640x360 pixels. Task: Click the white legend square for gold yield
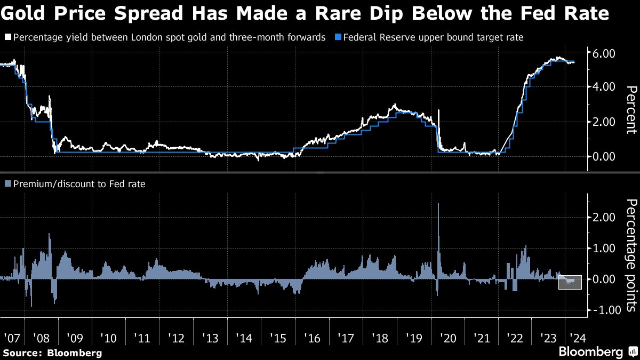tap(7, 37)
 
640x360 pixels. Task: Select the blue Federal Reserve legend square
tap(338, 37)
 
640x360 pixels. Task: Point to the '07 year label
tap(11, 338)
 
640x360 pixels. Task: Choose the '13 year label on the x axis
tap(211, 338)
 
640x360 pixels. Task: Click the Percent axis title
tap(631, 109)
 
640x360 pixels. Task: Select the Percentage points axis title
tap(631, 255)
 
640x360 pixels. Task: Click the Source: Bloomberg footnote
tap(52, 353)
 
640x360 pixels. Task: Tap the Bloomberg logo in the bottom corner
tap(596, 352)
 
